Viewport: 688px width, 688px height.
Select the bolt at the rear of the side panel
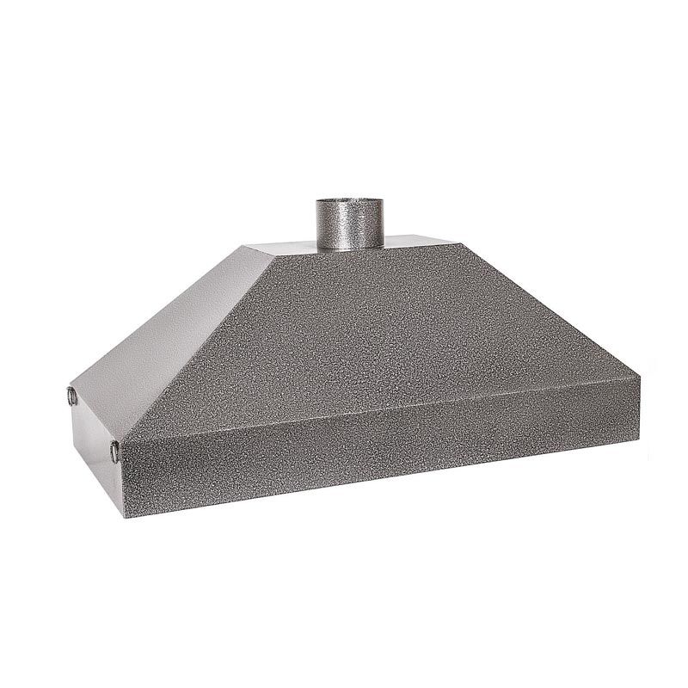pos(70,396)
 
